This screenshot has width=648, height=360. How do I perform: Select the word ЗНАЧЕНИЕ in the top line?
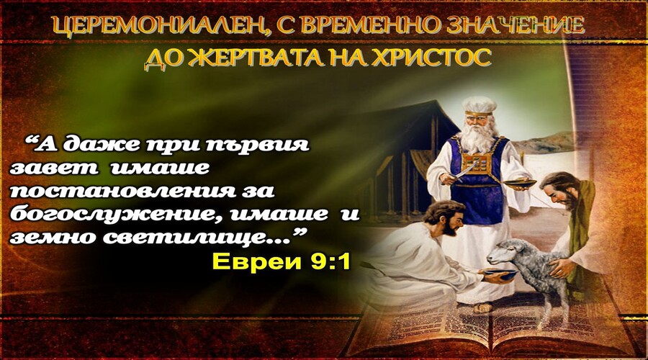coord(516,26)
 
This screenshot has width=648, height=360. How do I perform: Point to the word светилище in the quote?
coord(197,238)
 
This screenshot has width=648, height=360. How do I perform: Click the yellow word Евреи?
coord(256,261)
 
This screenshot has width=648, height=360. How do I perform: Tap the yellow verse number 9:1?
coord(330,261)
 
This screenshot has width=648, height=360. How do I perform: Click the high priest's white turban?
coord(479,106)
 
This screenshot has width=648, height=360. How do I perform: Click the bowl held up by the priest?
coord(519,183)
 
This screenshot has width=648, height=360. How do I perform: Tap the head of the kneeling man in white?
coord(446,217)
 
